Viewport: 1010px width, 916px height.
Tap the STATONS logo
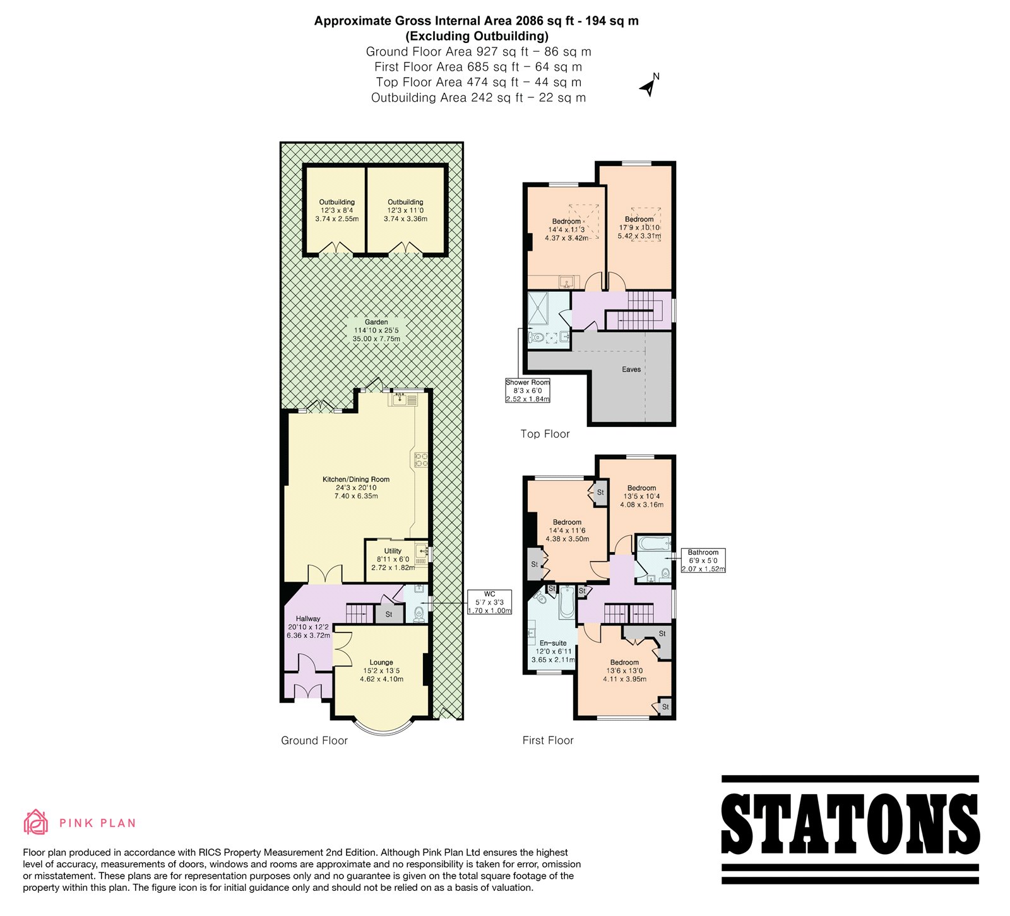[850, 829]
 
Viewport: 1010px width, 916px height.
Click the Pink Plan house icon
[36, 822]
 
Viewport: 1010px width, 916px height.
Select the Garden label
[376, 330]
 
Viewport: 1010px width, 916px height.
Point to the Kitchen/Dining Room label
[356, 488]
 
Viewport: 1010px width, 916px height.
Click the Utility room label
[393, 559]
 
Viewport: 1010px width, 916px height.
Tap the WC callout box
[489, 603]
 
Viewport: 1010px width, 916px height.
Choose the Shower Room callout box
[528, 390]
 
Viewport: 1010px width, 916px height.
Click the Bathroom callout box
[703, 560]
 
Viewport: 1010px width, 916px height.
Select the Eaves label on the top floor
[631, 370]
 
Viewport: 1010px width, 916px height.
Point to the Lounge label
[381, 671]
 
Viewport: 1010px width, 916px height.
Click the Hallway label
[308, 627]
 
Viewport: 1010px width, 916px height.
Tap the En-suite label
[553, 651]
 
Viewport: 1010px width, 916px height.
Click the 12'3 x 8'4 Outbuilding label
[337, 211]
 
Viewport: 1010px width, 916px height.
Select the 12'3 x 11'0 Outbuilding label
[405, 211]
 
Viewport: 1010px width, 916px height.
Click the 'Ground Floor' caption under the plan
[314, 740]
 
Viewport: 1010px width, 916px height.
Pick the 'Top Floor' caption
[545, 434]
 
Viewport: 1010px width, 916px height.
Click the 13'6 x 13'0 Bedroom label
[624, 671]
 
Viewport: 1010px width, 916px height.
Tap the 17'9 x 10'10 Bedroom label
[639, 227]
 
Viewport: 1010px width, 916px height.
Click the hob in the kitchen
[421, 459]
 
